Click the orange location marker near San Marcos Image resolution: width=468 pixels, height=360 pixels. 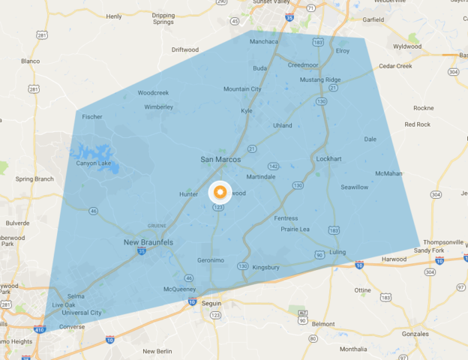point(220,191)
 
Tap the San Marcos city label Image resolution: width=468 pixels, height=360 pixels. point(221,160)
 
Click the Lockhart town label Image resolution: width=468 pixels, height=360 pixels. point(328,159)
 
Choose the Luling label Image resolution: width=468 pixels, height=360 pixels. point(337,252)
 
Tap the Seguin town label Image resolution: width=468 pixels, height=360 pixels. point(214,303)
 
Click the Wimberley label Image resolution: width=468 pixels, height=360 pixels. point(158,106)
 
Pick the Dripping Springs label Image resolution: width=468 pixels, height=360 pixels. point(163,18)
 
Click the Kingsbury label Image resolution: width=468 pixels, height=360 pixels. point(266,267)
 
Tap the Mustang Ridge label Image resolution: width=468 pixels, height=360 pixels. point(320,79)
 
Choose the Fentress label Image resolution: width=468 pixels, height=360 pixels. point(286,218)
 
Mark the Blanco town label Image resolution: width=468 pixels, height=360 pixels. point(30,61)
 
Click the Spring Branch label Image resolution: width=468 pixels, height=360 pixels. point(34,179)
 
